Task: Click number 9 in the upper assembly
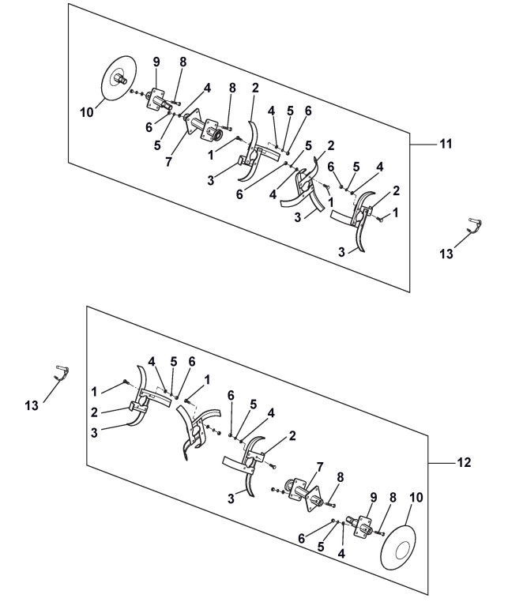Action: pyautogui.click(x=156, y=62)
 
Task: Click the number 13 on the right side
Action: pyautogui.click(x=446, y=253)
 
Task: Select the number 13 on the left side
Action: pyautogui.click(x=32, y=405)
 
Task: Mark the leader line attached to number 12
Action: pyautogui.click(x=441, y=462)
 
